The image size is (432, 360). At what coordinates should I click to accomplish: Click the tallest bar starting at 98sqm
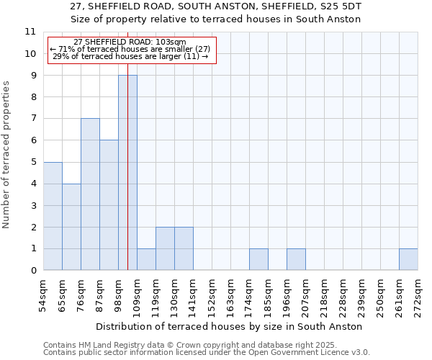(127, 173)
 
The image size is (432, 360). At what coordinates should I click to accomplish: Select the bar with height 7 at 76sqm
(90, 194)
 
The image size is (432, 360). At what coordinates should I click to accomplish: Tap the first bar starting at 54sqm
(53, 216)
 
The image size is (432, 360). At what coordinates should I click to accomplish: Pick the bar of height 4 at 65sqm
(71, 227)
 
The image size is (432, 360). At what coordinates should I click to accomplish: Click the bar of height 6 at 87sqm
(109, 205)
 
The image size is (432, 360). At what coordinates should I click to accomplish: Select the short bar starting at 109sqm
(146, 260)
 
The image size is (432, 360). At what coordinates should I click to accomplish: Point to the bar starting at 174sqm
(258, 260)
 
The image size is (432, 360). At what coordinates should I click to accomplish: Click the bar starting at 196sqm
(296, 260)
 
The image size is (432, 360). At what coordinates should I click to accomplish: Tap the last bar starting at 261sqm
(408, 260)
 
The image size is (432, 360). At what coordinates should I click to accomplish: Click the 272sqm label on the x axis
(418, 295)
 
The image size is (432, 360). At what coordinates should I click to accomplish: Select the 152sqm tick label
(212, 295)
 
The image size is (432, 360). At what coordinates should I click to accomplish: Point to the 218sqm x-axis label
(325, 295)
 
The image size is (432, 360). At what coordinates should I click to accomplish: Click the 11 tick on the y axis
(30, 32)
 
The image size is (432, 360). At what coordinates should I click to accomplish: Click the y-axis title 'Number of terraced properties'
(6, 155)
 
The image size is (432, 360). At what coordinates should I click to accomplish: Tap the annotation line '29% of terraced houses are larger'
(131, 56)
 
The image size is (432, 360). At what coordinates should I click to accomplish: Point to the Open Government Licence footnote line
(207, 353)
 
